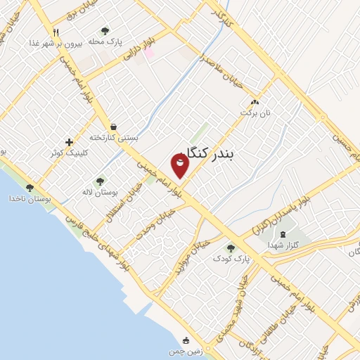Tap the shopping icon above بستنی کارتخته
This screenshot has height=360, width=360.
(x=113, y=126)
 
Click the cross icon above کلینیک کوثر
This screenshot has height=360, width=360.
(x=68, y=142)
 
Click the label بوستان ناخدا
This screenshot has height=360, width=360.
(x=30, y=198)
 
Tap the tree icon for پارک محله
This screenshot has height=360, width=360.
(x=105, y=31)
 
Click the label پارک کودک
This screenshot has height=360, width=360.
(x=232, y=259)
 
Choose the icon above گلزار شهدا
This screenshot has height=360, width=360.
(x=283, y=234)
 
